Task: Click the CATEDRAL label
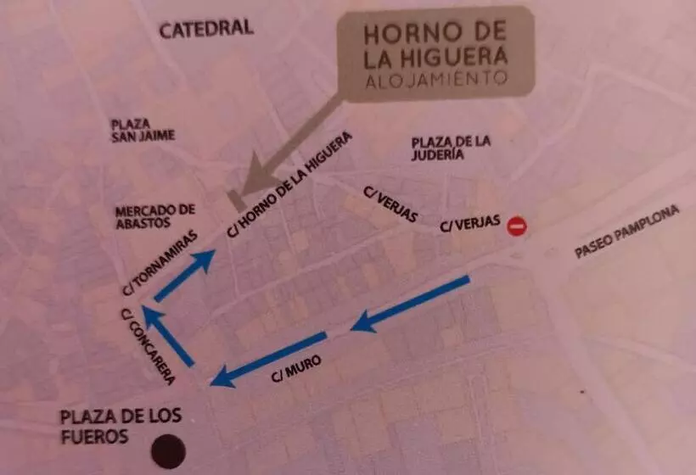point(206,28)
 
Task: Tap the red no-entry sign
point(517,226)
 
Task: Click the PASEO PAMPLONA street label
point(627,233)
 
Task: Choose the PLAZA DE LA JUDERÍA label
point(450,148)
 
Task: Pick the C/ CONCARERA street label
point(149,348)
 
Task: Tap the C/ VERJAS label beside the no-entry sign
point(469,226)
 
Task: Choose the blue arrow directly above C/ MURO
point(267,358)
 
